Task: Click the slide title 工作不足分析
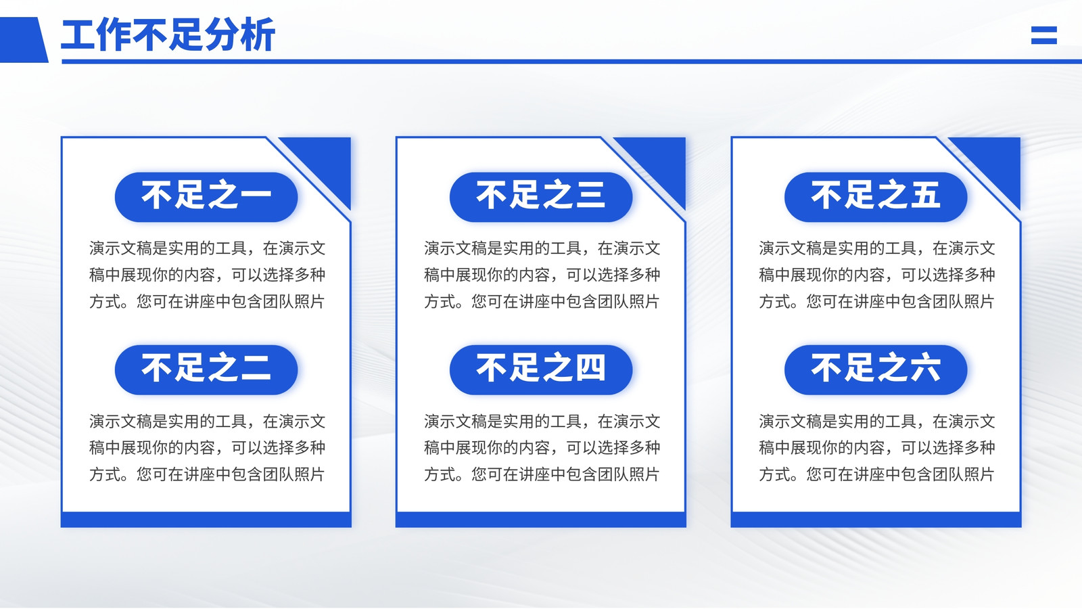point(168,35)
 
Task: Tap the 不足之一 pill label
point(206,197)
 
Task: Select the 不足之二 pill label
point(206,369)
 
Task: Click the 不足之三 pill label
point(541,197)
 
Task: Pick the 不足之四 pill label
point(541,369)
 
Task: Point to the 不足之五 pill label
point(876,197)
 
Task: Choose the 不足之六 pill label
point(876,369)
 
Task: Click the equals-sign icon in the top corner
point(1044,35)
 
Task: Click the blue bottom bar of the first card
point(206,520)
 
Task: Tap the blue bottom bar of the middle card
point(541,520)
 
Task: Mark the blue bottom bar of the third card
point(876,520)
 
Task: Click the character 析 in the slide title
point(258,35)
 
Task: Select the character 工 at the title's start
point(78,35)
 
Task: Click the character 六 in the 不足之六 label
point(924,368)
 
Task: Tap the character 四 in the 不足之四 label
point(589,368)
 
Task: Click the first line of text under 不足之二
point(207,422)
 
